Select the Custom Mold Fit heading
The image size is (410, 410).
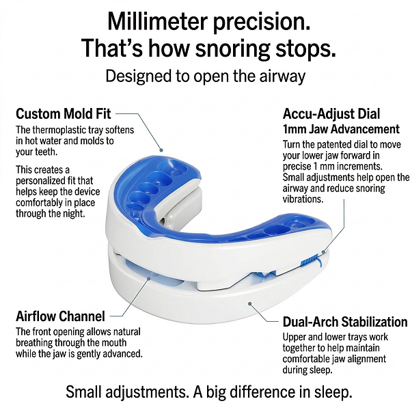click(63, 113)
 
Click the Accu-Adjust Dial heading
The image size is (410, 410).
click(331, 113)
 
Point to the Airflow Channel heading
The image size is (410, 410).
click(60, 317)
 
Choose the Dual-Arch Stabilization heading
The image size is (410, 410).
click(344, 321)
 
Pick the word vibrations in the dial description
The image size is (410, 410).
click(305, 200)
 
